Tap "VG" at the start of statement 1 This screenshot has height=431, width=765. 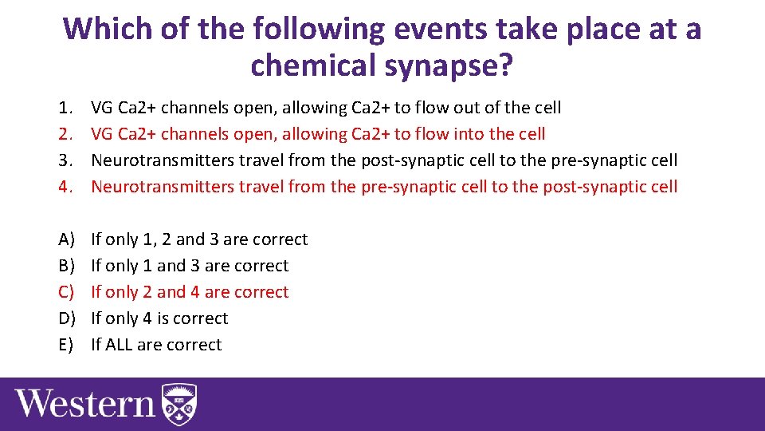click(102, 108)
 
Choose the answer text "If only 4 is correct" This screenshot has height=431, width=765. click(159, 318)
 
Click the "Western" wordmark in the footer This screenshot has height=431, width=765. click(85, 403)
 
